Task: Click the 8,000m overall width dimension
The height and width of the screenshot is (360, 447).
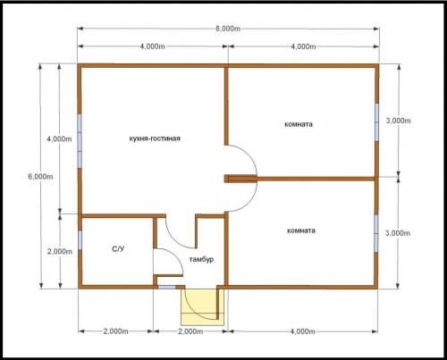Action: tap(228, 29)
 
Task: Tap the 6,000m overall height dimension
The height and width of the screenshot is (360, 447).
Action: tap(40, 177)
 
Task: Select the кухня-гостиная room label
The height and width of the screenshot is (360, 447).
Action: tap(155, 138)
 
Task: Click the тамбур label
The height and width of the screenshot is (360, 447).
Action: tap(201, 259)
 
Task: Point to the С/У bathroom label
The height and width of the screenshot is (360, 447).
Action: tap(118, 249)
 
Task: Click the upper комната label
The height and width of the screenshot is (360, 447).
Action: tap(299, 124)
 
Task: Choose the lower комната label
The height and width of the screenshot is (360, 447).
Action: tap(301, 230)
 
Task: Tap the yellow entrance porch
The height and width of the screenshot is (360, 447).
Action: tap(203, 306)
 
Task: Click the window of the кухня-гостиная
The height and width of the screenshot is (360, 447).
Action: tap(80, 141)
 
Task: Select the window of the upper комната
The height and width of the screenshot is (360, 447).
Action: tap(376, 122)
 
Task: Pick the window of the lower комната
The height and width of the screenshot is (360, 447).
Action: tap(376, 233)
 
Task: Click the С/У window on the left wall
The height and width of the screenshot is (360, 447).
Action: tap(80, 240)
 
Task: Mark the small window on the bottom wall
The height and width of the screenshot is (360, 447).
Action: tap(166, 288)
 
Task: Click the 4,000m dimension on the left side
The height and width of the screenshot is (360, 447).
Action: tap(59, 138)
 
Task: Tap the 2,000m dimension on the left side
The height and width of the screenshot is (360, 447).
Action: tap(60, 252)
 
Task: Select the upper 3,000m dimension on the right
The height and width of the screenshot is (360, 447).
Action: tap(398, 121)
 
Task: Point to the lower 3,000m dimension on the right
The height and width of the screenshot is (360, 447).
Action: tap(398, 233)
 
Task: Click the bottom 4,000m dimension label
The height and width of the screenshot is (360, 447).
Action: tap(302, 331)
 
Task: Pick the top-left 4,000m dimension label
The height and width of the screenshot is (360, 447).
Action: tap(152, 46)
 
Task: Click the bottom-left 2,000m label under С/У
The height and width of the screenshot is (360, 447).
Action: tap(116, 331)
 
